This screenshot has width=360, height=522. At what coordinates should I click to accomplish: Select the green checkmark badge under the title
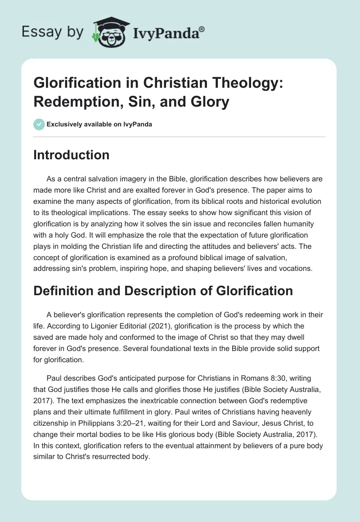click(x=39, y=124)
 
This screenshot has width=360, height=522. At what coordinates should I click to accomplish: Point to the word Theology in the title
click(x=214, y=83)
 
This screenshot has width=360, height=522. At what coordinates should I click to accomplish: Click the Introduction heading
click(x=72, y=155)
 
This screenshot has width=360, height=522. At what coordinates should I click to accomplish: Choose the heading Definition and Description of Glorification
click(x=163, y=291)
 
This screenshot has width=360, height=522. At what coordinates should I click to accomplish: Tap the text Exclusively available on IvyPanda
click(x=99, y=125)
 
